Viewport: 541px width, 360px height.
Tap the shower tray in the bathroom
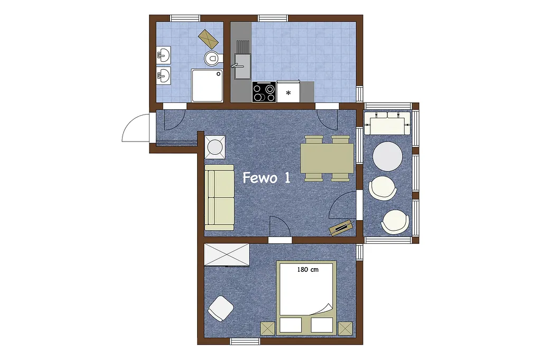coord(207,86)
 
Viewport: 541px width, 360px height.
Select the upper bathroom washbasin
coord(163,55)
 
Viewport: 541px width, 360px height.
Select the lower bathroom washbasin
coord(163,75)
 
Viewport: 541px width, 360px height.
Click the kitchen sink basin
coord(243,66)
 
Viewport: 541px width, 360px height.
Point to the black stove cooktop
coord(264,92)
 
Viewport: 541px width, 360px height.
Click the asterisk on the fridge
coord(288,93)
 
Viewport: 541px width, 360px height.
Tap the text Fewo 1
coord(266,177)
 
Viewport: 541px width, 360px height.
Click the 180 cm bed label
coord(308,270)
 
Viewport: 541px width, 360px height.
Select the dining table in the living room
coord(327,158)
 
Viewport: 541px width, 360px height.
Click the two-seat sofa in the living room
coord(219,197)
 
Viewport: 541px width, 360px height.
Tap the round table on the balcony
coord(387,156)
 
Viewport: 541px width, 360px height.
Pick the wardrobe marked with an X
coord(227,255)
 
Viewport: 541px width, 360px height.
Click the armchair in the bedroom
coord(221,308)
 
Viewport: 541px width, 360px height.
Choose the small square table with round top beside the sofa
coord(215,147)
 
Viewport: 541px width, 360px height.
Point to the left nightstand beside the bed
coord(267,328)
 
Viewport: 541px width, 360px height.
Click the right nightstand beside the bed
coord(346,328)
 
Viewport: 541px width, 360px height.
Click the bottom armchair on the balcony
coord(395,221)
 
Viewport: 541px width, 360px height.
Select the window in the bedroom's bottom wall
coord(245,342)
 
